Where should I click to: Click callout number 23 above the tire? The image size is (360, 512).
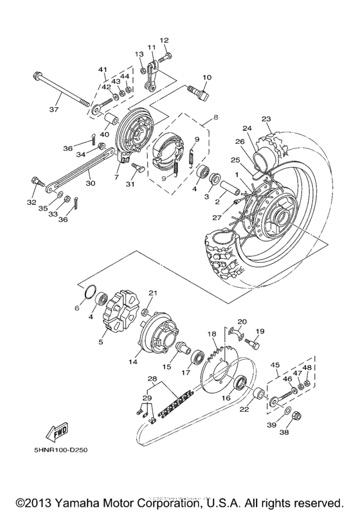click(266, 118)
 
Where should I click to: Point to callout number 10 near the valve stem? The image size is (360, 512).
click(206, 78)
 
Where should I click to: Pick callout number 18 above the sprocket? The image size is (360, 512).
click(211, 334)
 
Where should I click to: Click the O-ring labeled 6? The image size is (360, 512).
click(88, 293)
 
